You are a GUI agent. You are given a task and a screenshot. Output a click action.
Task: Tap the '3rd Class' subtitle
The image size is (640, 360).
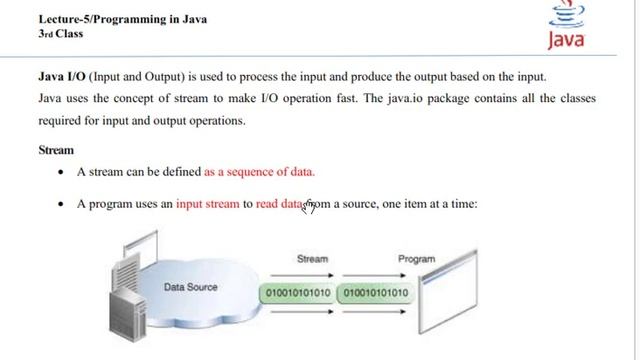click(x=61, y=33)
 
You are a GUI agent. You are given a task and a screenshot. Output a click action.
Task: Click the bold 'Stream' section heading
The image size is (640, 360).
click(x=56, y=150)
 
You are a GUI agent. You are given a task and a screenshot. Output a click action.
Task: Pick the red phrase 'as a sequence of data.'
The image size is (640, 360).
click(x=259, y=172)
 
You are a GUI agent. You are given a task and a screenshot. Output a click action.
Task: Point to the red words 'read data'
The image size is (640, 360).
click(x=279, y=203)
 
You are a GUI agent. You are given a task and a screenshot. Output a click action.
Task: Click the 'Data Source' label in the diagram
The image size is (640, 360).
click(x=190, y=287)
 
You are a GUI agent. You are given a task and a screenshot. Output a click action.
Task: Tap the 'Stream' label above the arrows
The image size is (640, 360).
click(x=313, y=258)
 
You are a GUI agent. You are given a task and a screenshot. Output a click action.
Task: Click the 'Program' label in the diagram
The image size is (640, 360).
click(x=416, y=258)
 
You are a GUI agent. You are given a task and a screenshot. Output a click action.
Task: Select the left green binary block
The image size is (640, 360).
click(x=295, y=293)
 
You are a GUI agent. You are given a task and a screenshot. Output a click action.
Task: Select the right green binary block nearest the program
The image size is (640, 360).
click(x=374, y=293)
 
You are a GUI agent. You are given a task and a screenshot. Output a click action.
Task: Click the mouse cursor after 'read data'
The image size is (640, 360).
click(x=310, y=206)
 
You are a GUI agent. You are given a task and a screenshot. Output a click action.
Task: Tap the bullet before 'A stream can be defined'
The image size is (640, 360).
click(x=63, y=172)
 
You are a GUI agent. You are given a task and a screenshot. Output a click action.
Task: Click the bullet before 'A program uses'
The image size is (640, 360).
click(x=63, y=203)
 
